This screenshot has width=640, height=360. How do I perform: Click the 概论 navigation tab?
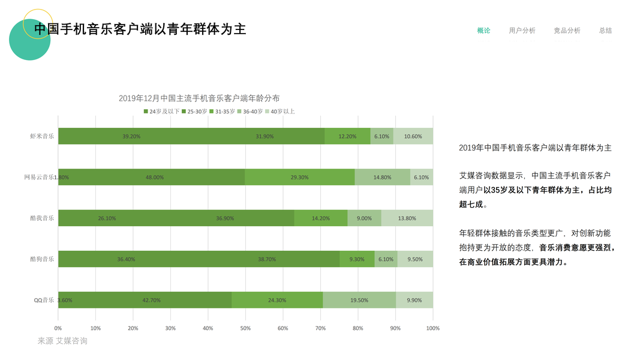tap(483, 31)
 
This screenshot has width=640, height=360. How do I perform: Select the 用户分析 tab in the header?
tap(522, 31)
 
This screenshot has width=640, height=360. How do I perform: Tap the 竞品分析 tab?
tap(567, 31)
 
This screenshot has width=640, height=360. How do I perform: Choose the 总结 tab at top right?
tap(605, 31)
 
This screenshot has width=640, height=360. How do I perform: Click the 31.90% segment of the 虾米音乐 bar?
tap(265, 136)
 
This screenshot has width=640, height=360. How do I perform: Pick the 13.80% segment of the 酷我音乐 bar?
tap(407, 218)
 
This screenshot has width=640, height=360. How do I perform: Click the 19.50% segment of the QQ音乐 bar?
tap(359, 300)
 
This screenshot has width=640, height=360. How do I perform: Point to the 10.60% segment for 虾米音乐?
tap(413, 136)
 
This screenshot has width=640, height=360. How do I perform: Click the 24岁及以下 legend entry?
tap(161, 112)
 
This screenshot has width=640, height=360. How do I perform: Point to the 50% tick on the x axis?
tap(245, 328)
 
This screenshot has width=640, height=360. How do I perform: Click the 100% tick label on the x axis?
tap(432, 328)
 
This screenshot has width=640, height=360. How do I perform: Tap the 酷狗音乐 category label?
tap(42, 259)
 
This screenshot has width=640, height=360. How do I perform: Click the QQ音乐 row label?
tap(44, 300)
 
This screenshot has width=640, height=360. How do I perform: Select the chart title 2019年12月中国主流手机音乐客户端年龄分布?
tap(199, 98)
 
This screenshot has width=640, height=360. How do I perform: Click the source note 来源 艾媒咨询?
tap(62, 341)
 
